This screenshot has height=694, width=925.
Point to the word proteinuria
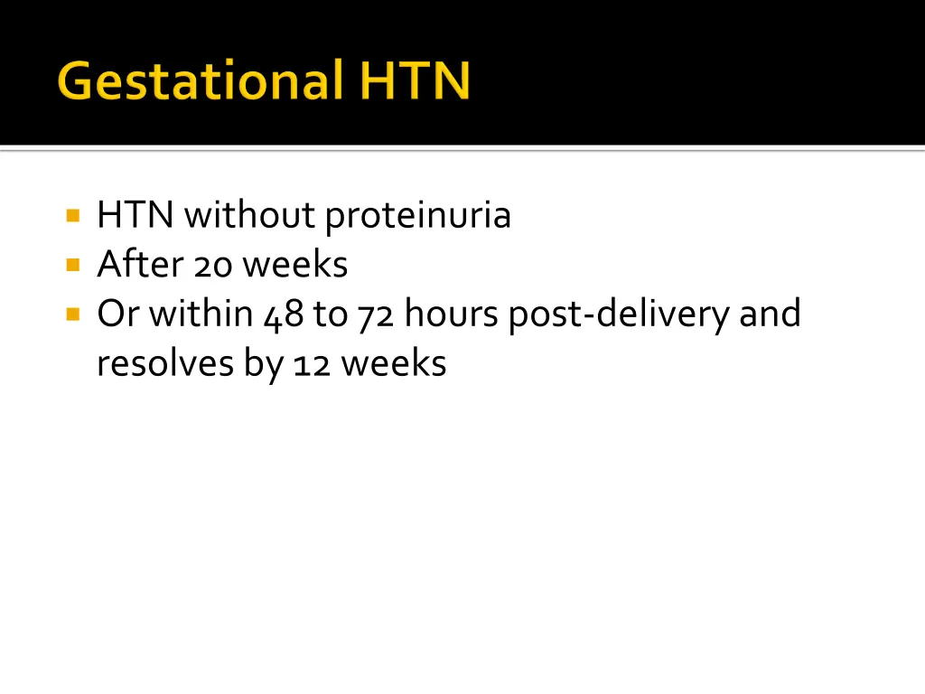pyautogui.click(x=418, y=217)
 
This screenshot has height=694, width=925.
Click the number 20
pyautogui.click(x=212, y=266)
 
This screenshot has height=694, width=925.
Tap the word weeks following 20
pyautogui.click(x=295, y=265)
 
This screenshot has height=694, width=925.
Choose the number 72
pyautogui.click(x=375, y=315)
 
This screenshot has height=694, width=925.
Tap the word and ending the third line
pyautogui.click(x=771, y=314)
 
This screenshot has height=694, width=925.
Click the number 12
pyautogui.click(x=310, y=364)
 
